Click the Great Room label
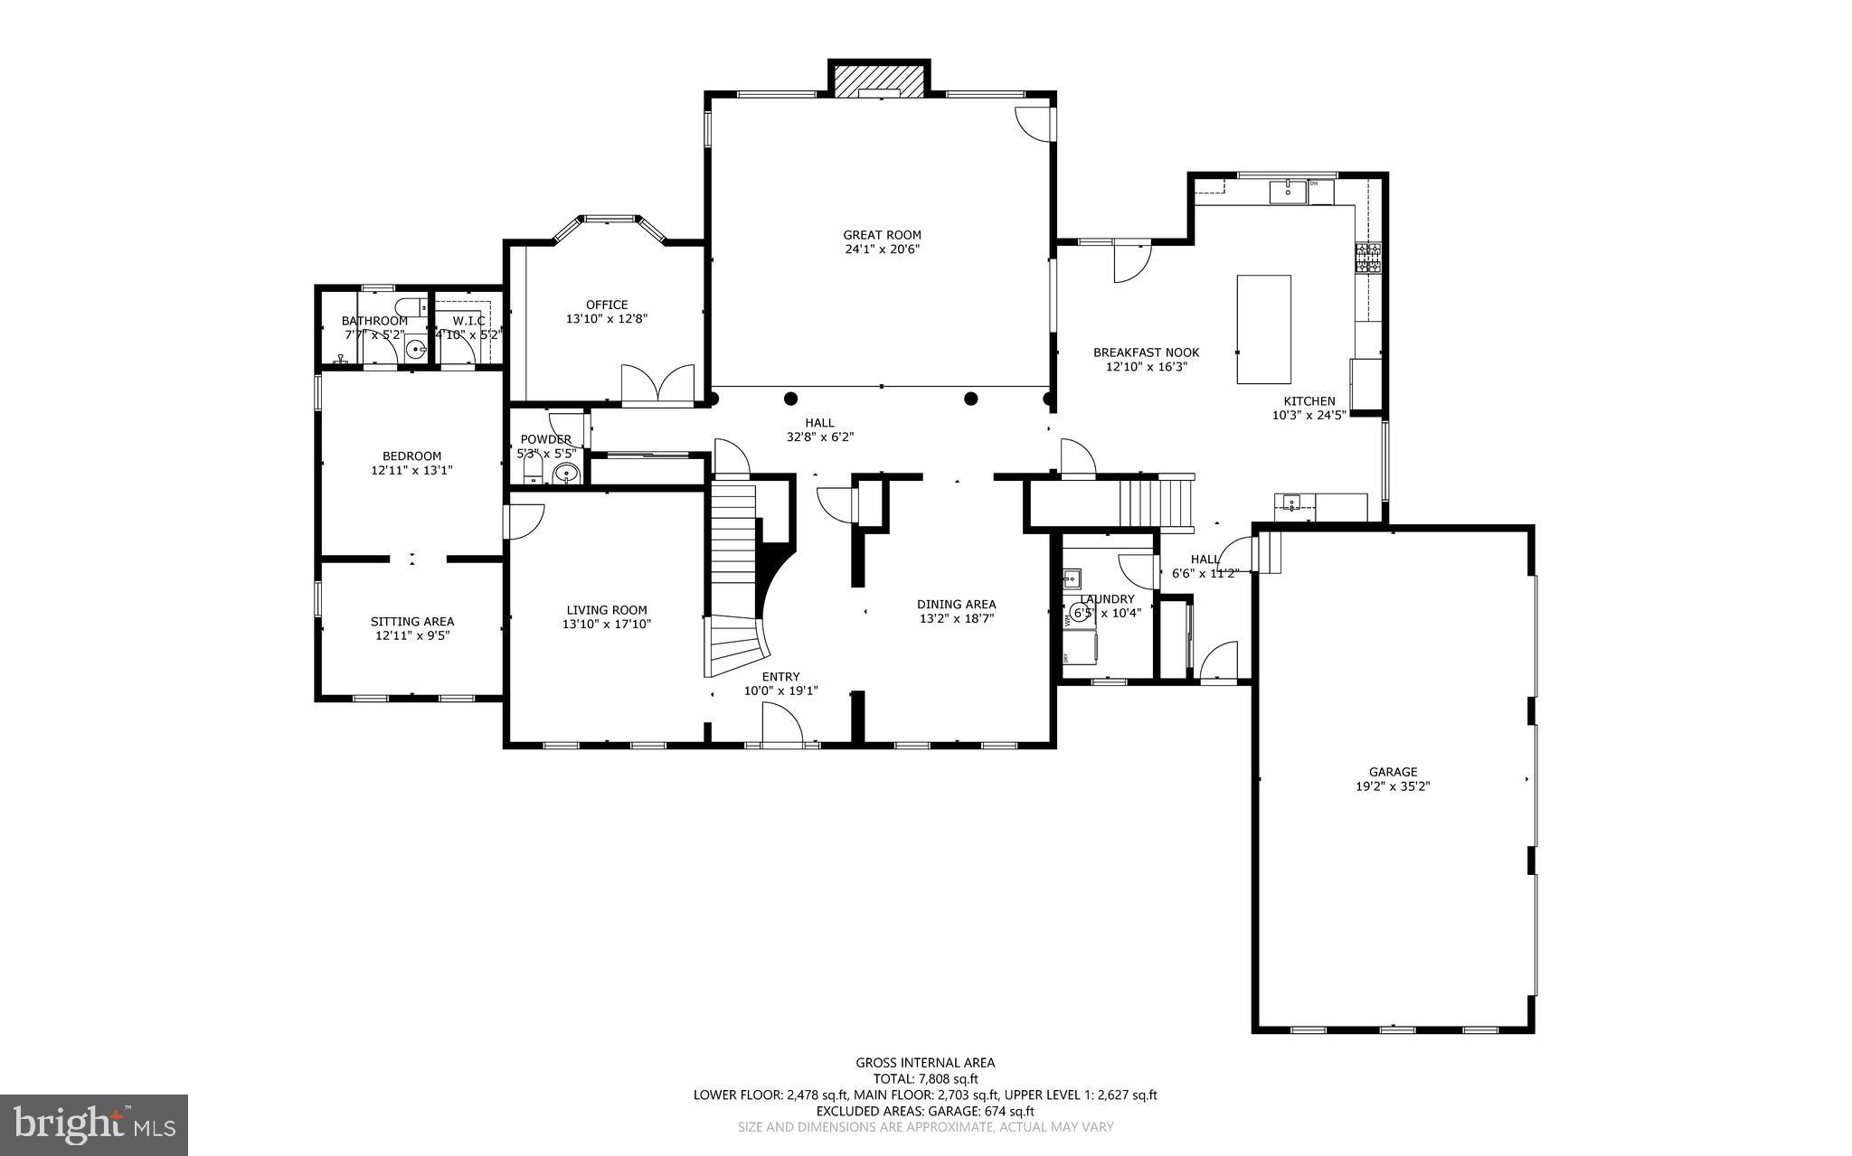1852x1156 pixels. point(882,235)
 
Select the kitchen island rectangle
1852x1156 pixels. point(1263,330)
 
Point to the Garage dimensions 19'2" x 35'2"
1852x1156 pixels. point(1393,786)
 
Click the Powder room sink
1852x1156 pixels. point(566,473)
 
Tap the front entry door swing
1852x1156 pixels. point(782,725)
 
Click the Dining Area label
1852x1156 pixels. point(956,605)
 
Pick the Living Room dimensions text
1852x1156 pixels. point(606,624)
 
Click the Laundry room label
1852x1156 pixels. point(1107,599)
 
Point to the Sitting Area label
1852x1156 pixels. point(412,622)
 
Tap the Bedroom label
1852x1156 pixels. point(411,456)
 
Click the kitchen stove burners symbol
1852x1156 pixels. point(1367,258)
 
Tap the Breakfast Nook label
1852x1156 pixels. point(1146,352)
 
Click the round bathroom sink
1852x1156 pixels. point(416,347)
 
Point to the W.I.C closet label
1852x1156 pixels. point(468,321)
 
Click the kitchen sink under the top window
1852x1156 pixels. point(1288,192)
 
